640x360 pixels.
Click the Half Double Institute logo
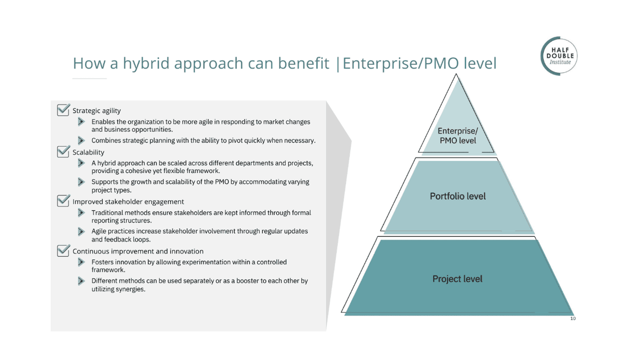tap(559, 56)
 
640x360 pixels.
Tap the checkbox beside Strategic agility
tap(63, 110)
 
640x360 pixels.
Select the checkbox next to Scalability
tap(63, 151)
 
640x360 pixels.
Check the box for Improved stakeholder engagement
tap(63, 201)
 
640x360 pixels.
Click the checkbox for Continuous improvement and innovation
tap(63, 251)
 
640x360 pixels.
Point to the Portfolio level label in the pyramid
tap(458, 196)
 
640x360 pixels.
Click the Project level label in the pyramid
tap(457, 279)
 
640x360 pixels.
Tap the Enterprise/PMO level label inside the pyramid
tap(458, 136)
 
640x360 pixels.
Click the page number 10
tap(573, 319)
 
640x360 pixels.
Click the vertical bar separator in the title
tap(338, 64)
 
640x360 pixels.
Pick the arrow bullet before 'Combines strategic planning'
tap(81, 140)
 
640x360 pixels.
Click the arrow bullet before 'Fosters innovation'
tap(81, 262)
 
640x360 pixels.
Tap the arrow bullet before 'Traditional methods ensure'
tap(81, 212)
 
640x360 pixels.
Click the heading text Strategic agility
tap(97, 111)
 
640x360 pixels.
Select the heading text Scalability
tap(88, 152)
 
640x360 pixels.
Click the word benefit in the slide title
tap(304, 63)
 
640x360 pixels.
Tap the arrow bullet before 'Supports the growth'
tap(81, 182)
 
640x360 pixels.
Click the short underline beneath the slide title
tap(89, 79)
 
